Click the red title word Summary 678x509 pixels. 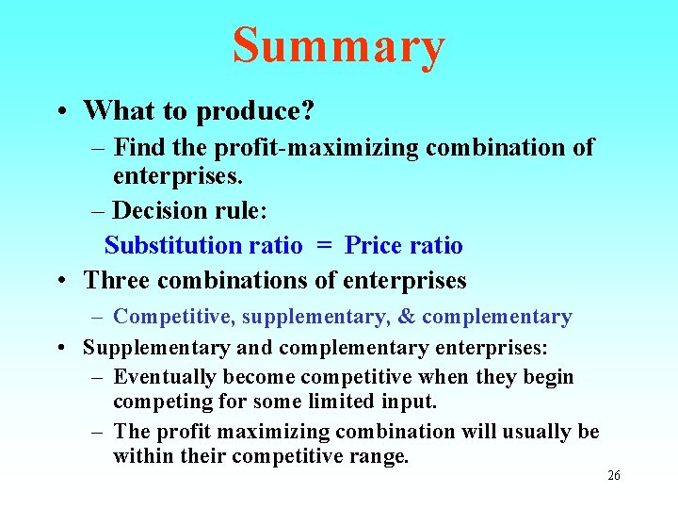click(x=338, y=46)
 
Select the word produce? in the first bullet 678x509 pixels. click(x=255, y=112)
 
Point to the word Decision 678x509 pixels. click(x=159, y=211)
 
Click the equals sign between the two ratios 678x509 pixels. click(x=324, y=246)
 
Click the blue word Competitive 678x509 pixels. click(x=174, y=317)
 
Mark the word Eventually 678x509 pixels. click(x=165, y=377)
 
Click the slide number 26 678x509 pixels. click(x=613, y=476)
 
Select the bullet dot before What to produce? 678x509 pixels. click(x=60, y=112)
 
